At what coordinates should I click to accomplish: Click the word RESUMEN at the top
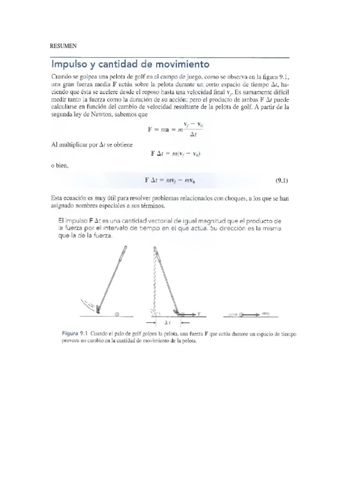tap(63, 45)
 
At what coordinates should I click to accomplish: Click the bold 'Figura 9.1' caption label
tap(75, 333)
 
